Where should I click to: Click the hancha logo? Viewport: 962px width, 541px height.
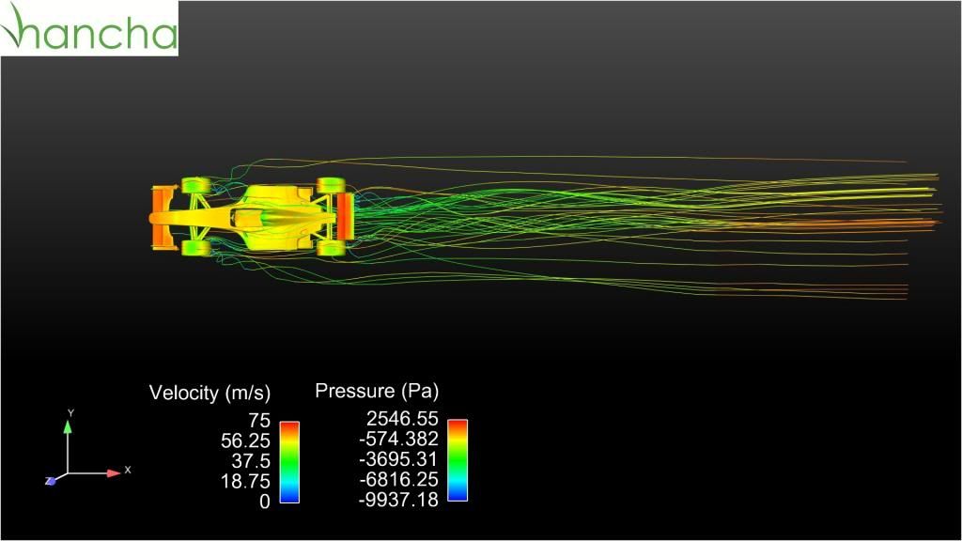tap(89, 28)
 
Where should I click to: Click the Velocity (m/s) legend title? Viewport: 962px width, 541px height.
tap(209, 393)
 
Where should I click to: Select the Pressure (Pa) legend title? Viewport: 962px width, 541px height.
tap(377, 391)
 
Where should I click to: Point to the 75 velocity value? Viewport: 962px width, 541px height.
tap(259, 420)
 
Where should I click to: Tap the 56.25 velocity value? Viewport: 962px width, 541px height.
tap(245, 441)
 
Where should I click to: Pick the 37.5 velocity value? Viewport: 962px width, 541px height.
tap(251, 460)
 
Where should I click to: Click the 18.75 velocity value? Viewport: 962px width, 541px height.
tap(245, 481)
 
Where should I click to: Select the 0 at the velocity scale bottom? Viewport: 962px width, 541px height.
tap(264, 502)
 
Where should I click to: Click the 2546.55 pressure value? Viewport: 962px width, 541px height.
tap(402, 418)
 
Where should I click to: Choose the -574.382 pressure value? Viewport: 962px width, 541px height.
tap(398, 439)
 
